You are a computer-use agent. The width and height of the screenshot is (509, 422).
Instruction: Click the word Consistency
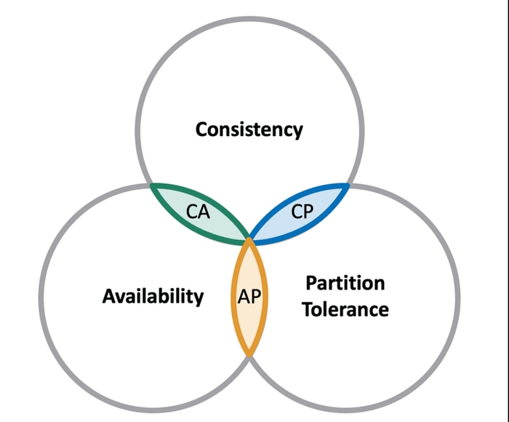click(x=249, y=130)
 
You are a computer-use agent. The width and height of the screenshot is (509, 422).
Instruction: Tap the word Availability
click(x=153, y=296)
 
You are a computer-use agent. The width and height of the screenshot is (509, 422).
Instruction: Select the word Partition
click(x=345, y=282)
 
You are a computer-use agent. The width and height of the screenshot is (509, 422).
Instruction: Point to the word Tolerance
click(x=345, y=309)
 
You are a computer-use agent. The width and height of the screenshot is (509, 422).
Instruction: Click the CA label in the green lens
click(x=198, y=212)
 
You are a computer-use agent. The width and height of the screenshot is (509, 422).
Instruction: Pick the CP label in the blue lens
click(x=301, y=212)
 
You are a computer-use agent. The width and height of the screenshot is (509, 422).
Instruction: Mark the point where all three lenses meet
click(x=249, y=238)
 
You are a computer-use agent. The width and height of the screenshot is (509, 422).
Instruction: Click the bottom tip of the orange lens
click(x=249, y=356)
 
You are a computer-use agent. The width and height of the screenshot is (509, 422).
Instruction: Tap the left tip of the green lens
click(x=151, y=185)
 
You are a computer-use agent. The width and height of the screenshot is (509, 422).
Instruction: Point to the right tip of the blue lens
click(x=348, y=185)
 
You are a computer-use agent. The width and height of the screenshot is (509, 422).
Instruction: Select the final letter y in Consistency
click(x=297, y=132)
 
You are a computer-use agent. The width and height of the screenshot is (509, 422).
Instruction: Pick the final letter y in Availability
click(x=199, y=298)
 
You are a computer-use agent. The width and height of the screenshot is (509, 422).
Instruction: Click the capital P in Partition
click(x=311, y=282)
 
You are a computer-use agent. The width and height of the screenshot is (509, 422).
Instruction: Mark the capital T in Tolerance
click(x=308, y=309)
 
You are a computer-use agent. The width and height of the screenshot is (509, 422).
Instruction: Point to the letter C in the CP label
click(x=295, y=212)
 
